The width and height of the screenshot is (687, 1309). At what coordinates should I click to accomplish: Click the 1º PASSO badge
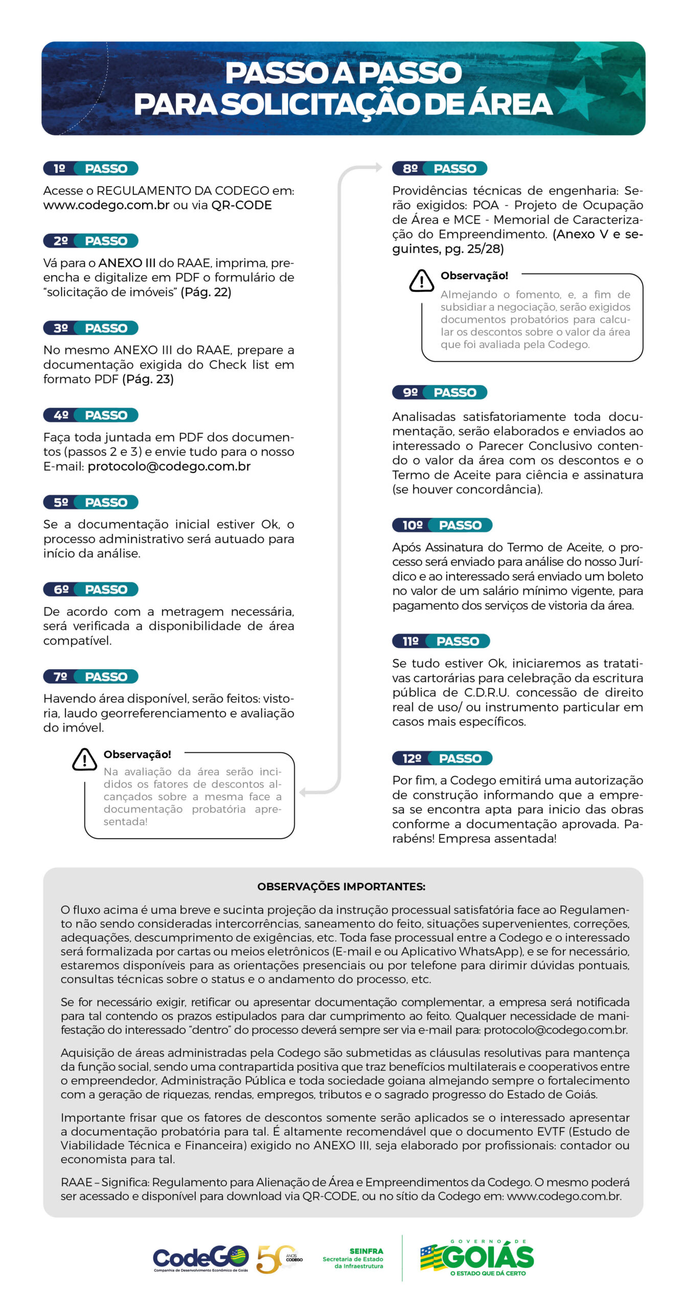coord(90,168)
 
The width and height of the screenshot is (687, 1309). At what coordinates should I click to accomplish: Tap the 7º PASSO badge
coord(90,676)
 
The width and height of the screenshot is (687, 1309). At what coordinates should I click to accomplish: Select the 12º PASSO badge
coord(442,758)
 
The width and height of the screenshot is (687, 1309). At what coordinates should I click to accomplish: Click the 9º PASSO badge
coord(440,392)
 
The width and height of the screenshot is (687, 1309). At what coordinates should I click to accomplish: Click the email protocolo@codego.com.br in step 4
coord(169,466)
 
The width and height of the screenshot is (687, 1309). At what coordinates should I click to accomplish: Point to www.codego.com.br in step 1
coord(106,205)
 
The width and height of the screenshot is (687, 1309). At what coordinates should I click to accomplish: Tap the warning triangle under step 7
coord(84,759)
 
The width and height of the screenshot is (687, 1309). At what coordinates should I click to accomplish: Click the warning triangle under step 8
coord(422,280)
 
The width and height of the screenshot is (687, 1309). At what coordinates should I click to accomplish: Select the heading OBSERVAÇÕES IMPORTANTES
coord(341,886)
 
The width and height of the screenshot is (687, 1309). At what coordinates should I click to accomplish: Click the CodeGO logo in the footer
coord(201,1259)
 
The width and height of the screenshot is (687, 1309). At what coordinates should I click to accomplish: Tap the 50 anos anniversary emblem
coord(279,1259)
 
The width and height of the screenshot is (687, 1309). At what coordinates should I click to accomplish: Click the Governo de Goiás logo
coord(476,1258)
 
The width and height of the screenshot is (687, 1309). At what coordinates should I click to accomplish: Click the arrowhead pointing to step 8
coord(377,167)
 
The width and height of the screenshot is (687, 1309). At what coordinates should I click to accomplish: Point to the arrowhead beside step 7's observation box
coord(303,792)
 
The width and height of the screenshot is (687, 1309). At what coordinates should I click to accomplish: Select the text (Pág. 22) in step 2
coord(205,292)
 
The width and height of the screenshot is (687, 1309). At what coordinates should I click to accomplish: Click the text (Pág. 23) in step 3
coord(148,379)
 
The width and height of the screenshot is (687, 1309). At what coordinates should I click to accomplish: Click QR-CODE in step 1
coord(241,205)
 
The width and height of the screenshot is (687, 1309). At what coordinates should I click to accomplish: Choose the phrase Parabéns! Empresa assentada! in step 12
coord(497,839)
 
